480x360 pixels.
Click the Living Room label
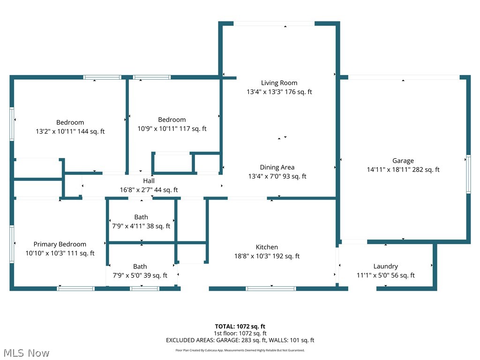279,83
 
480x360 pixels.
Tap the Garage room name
403,161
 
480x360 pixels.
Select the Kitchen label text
267,247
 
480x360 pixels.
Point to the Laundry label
385,266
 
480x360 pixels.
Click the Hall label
149,181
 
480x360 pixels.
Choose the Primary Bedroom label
60,244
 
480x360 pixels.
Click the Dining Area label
277,167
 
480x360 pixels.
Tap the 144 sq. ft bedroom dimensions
70,132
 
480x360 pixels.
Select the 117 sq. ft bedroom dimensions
172,129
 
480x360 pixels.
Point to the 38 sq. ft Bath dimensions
141,226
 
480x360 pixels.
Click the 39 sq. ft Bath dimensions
140,276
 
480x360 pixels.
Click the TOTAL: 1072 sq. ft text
240,326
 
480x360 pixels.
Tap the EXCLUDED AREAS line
240,340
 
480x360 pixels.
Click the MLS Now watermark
26,352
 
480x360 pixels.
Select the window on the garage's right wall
468,174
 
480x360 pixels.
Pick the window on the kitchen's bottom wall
271,288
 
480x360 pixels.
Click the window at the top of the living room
274,23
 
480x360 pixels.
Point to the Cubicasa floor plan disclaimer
240,350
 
